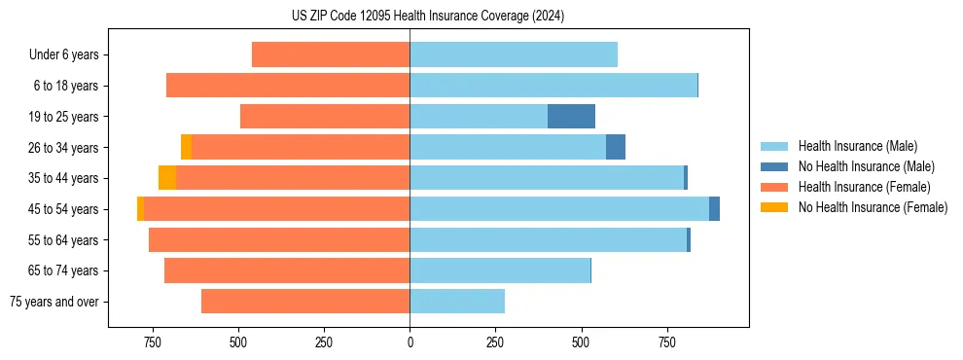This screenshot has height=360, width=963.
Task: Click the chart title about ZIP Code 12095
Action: (428, 17)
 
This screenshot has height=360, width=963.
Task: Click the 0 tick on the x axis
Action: (410, 342)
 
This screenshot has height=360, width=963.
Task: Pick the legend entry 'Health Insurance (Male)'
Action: (857, 146)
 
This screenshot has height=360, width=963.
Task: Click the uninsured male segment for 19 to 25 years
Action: (571, 117)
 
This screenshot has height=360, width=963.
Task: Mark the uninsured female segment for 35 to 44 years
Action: (167, 178)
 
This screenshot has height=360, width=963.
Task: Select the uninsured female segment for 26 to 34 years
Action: (186, 147)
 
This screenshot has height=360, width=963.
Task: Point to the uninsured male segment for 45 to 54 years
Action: (714, 209)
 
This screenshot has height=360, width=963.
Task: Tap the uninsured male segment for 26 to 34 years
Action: (616, 147)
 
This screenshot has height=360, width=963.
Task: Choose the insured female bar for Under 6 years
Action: (331, 54)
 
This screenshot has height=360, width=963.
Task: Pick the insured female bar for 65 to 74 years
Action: (287, 270)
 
